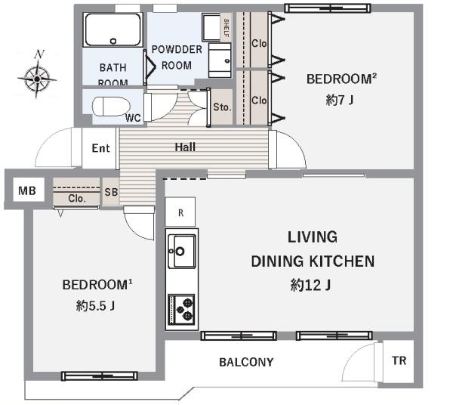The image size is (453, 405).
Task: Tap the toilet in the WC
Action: coord(111,107)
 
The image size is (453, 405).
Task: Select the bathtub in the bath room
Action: coord(113,29)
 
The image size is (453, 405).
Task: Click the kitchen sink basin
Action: coord(182,251)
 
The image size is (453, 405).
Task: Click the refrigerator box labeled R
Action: coord(180,212)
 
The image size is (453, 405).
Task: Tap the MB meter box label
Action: coord(27,190)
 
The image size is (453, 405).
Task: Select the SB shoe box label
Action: coord(111,192)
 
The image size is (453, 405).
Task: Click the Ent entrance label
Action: coord(101,148)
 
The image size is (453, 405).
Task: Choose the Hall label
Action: coord(185,147)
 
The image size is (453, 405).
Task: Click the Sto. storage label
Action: coord(222,107)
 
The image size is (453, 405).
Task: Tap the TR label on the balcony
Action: coord(399,360)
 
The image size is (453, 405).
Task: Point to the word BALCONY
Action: coord(246,362)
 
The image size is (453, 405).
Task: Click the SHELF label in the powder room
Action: coord(226,27)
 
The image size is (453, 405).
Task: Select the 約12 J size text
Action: coord(310,285)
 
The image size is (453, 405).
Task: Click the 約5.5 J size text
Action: coord(96,305)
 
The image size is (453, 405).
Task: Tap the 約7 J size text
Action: coord(340,100)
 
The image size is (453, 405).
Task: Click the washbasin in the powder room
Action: coord(220,60)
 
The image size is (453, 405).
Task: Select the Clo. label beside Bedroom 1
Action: coord(77,199)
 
